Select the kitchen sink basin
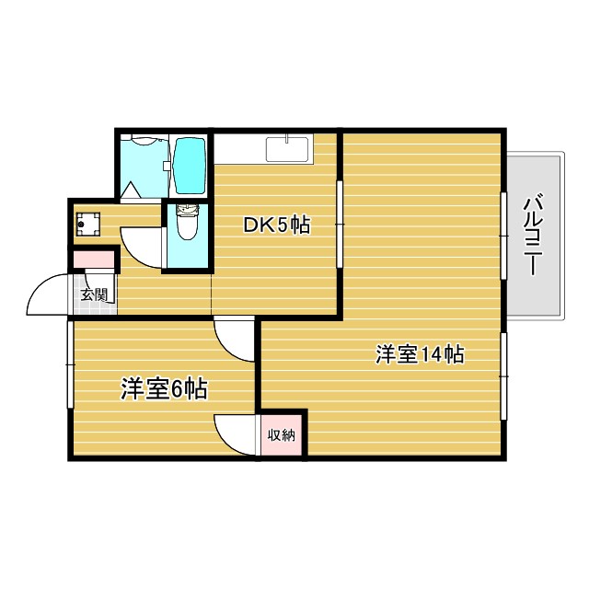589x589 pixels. (289, 148)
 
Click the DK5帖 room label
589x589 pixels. (275, 225)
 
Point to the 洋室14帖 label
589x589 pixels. (419, 354)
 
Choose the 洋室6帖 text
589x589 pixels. (163, 389)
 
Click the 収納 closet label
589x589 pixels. (282, 435)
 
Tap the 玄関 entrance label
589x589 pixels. (94, 295)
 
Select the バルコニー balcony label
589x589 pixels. (531, 234)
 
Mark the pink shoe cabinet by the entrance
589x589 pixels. (95, 259)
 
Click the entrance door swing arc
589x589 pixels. (46, 294)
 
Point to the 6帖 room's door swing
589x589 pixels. (236, 339)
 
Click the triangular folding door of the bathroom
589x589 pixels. (131, 191)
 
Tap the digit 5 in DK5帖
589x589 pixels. (283, 225)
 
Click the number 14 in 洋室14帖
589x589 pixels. (431, 354)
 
